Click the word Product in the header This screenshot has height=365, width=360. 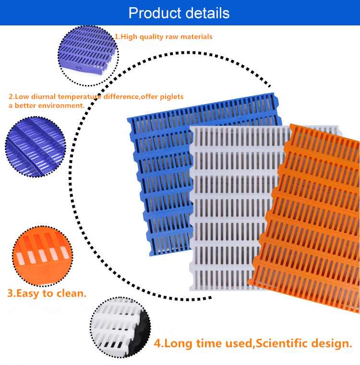(153, 12)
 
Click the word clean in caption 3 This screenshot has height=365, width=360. (72, 293)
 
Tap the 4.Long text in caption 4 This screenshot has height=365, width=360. (173, 343)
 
